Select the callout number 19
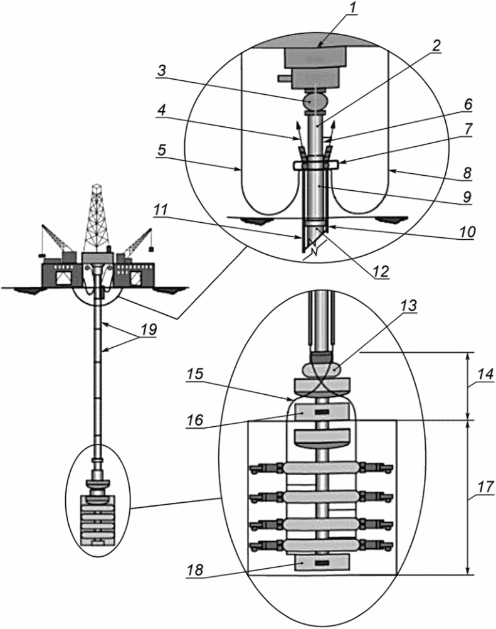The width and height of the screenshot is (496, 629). click(x=148, y=330)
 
